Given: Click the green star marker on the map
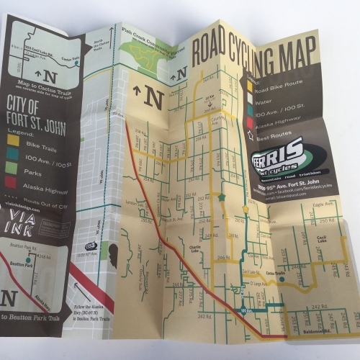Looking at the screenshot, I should (x=222, y=197).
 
